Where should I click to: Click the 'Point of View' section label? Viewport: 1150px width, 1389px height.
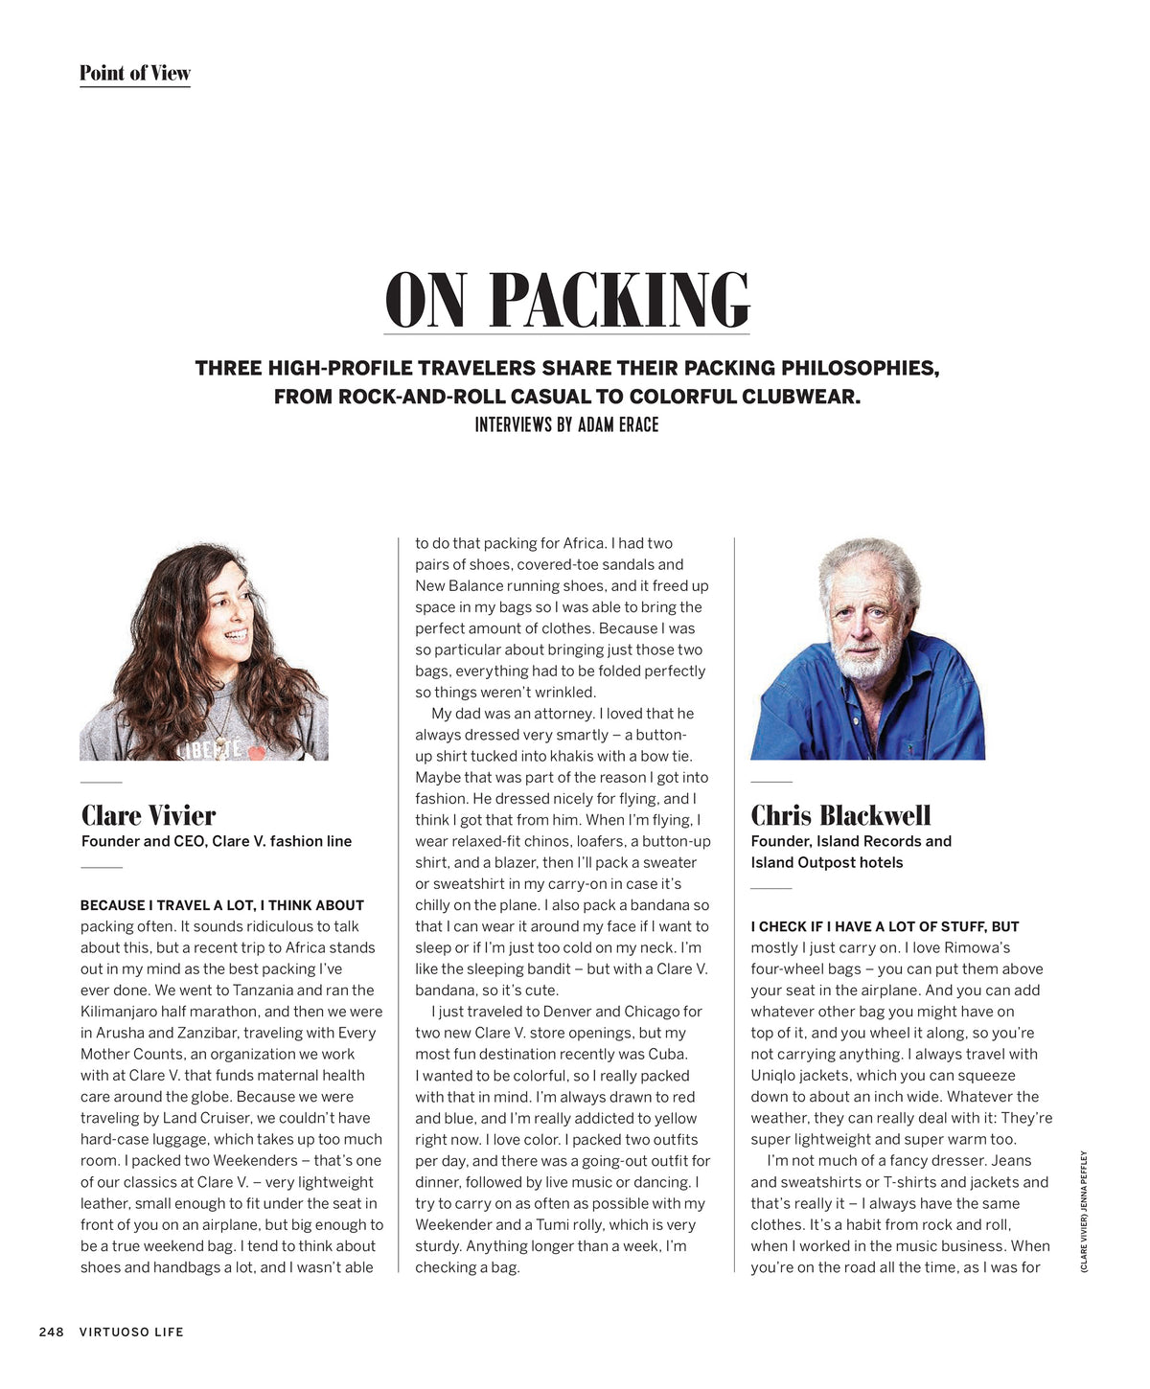tap(134, 73)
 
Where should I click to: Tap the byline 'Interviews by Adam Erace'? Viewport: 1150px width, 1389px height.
tap(566, 424)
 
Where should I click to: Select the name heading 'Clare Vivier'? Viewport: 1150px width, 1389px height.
tap(149, 815)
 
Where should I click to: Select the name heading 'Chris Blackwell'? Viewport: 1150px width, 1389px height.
tap(840, 815)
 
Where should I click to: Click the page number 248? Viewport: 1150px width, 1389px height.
tap(52, 1332)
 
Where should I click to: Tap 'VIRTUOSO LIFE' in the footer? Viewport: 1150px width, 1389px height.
tap(131, 1332)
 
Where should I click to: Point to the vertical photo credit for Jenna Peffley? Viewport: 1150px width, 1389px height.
tap(1084, 1212)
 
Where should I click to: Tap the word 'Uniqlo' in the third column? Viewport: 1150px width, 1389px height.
tap(772, 1075)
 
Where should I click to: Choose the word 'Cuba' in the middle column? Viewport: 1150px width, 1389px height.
tap(667, 1054)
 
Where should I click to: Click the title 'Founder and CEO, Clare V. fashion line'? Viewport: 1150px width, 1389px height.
tap(217, 841)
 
